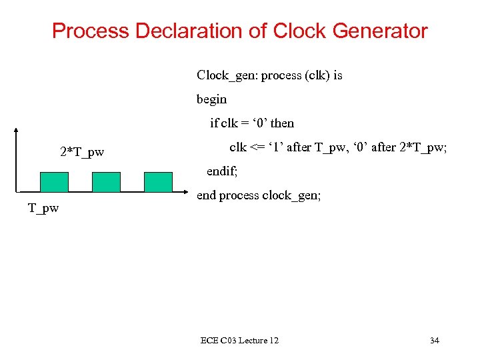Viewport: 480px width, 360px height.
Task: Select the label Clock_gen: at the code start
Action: pyautogui.click(x=227, y=76)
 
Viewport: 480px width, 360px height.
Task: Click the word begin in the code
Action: pyautogui.click(x=211, y=99)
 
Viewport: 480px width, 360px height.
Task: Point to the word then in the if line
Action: pyautogui.click(x=282, y=123)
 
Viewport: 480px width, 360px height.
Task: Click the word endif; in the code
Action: pyautogui.click(x=222, y=171)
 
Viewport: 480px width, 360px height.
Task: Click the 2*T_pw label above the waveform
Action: pyautogui.click(x=82, y=153)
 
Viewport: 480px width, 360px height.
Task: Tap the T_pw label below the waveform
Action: pyautogui.click(x=43, y=208)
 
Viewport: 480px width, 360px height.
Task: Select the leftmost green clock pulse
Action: pyautogui.click(x=54, y=182)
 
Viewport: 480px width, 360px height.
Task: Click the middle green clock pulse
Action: pyautogui.click(x=106, y=182)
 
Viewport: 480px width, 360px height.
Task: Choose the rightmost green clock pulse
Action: pyautogui.click(x=158, y=182)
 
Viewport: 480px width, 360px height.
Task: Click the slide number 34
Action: pyautogui.click(x=434, y=341)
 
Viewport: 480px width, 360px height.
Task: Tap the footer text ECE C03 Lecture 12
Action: pyautogui.click(x=239, y=341)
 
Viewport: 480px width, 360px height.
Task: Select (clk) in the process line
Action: pyautogui.click(x=317, y=76)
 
